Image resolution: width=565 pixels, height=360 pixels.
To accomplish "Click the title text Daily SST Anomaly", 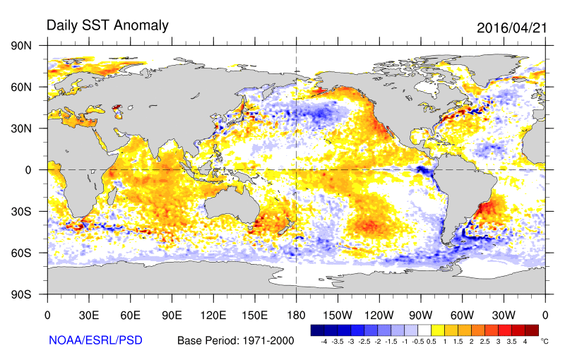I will coord(107,25).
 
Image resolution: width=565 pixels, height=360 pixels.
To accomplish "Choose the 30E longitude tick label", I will coord(88,316).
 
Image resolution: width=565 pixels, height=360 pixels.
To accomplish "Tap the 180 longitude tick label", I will coord(296,316).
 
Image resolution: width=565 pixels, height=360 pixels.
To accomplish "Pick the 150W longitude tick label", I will coord(338,316).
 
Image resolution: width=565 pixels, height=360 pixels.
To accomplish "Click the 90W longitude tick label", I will coord(420,316).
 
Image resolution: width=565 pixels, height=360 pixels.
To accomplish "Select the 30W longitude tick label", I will coord(504,316).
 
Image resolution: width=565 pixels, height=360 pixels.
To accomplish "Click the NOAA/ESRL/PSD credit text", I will coord(95,340).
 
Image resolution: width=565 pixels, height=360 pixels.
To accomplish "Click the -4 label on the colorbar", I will coord(323,341).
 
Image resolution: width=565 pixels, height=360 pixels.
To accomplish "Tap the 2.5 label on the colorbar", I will coord(475,341).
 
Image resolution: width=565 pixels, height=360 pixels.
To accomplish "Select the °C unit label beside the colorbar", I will coord(545,340).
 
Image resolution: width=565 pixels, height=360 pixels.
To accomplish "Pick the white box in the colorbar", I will coord(424,330).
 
